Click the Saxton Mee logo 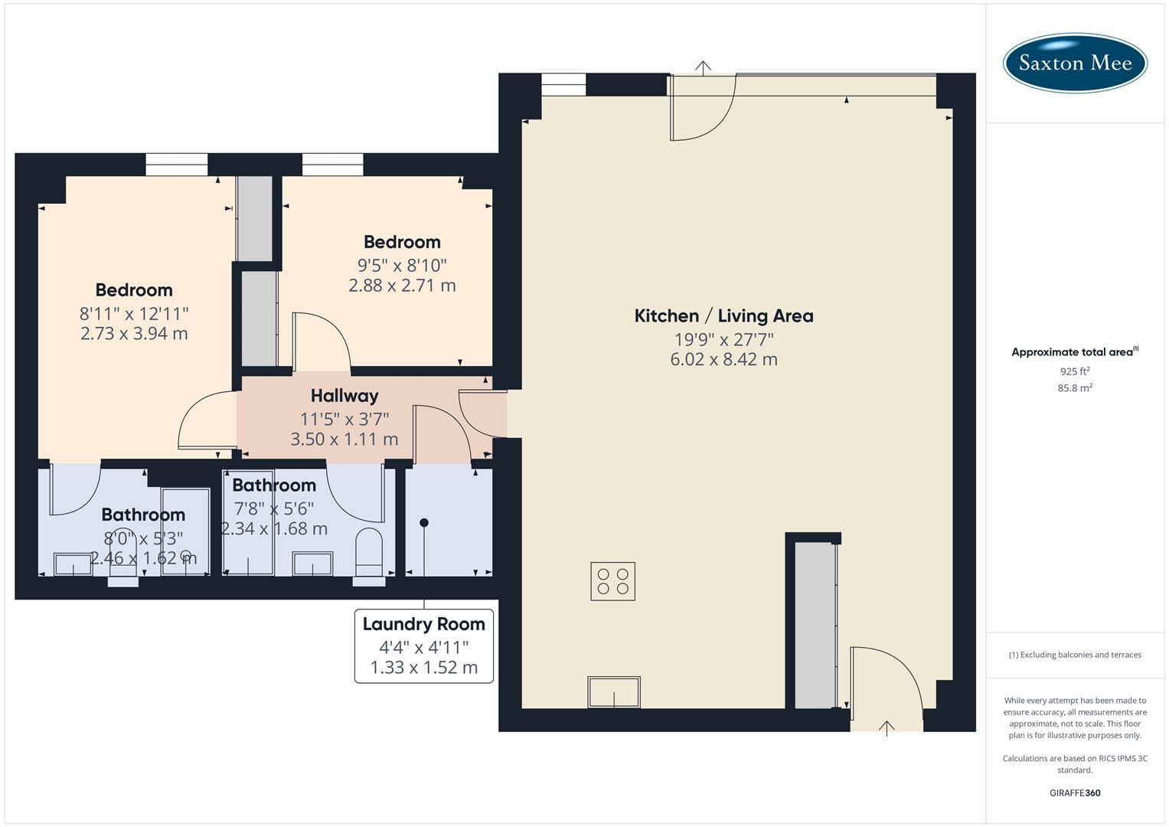tap(1075, 63)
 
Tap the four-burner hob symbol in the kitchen tap(612, 581)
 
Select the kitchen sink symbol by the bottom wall tap(614, 692)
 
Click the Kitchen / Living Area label tap(723, 315)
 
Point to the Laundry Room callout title tap(423, 624)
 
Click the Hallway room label tap(344, 396)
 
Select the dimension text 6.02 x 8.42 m tap(723, 359)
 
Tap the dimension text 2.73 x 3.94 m tap(134, 333)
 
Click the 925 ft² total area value tap(1075, 371)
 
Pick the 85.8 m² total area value tap(1075, 388)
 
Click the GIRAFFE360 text tap(1075, 793)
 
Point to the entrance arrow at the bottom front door tap(887, 727)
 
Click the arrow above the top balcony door tap(703, 67)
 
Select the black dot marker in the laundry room tap(424, 523)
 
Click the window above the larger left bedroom tap(177, 165)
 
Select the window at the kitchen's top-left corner tap(563, 84)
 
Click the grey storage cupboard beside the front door tap(814, 625)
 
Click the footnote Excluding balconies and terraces tap(1075, 655)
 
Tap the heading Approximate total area tap(1073, 352)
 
